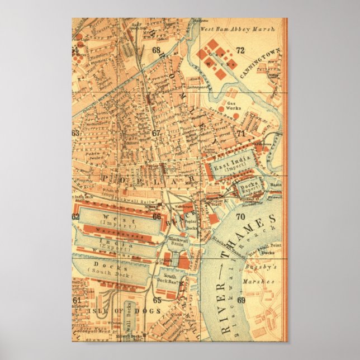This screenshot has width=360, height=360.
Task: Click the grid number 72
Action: coord(240,50)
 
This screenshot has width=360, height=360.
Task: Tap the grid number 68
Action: coord(156,50)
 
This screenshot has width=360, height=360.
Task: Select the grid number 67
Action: coord(156,134)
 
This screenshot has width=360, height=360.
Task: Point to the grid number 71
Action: coord(240,134)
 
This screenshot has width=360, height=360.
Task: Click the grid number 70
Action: coord(240,217)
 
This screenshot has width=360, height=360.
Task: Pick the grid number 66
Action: coord(157,216)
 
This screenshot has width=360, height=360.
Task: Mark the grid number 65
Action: coord(157,300)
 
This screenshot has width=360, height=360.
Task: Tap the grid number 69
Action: coord(241,300)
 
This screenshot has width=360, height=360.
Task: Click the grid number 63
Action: coord(75,133)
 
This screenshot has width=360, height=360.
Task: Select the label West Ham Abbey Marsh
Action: coord(238,27)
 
